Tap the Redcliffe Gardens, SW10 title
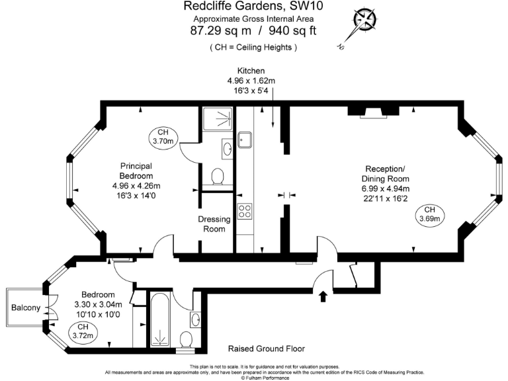click(x=254, y=7)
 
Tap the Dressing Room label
click(x=215, y=224)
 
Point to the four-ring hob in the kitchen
click(x=244, y=211)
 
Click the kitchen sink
click(x=244, y=140)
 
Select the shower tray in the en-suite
click(x=217, y=120)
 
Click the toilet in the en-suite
click(x=217, y=177)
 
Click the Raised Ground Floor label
click(x=267, y=349)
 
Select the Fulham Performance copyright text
click(x=254, y=378)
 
